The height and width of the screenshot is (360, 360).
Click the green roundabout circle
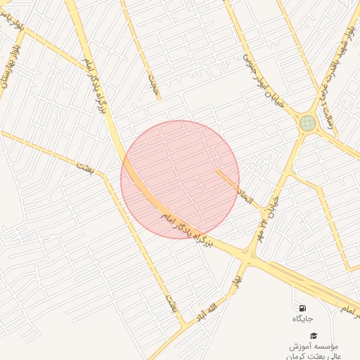(307, 124)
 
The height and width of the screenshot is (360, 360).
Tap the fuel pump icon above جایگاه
(302, 308)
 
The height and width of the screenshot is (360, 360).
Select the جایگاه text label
(302, 319)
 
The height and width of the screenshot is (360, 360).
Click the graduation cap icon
(313, 335)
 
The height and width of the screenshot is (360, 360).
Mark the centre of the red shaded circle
(180, 179)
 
